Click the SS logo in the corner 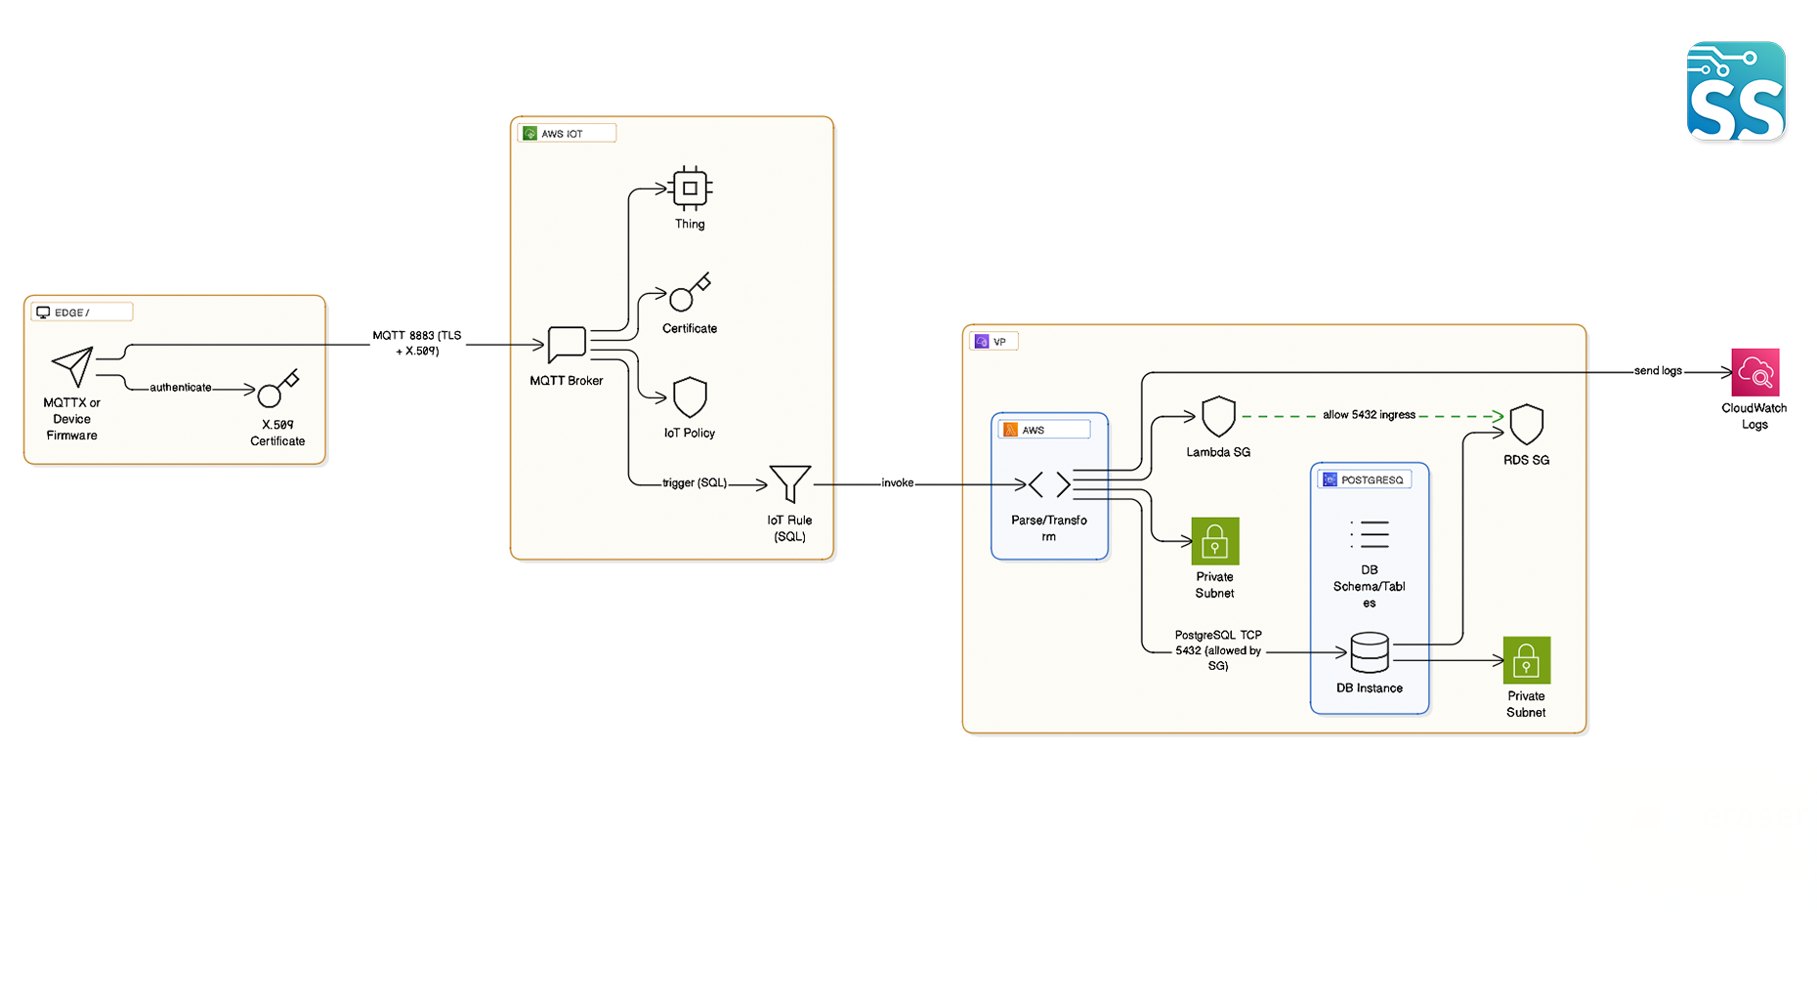[1736, 91]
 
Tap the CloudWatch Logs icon [1754, 372]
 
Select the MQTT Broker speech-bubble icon [567, 345]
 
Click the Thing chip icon [690, 188]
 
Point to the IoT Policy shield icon [690, 397]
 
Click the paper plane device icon [73, 366]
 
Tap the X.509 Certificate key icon [277, 389]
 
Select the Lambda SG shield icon [1218, 417]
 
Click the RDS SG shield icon [1526, 425]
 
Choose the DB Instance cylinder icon [1369, 652]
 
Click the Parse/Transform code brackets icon [1049, 484]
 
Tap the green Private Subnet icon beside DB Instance [1526, 661]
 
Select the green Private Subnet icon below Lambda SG [1214, 541]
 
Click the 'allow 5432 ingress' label [1369, 415]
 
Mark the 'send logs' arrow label [1658, 371]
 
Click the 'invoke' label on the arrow [897, 483]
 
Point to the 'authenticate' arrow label [180, 388]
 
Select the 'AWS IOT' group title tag [566, 134]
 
